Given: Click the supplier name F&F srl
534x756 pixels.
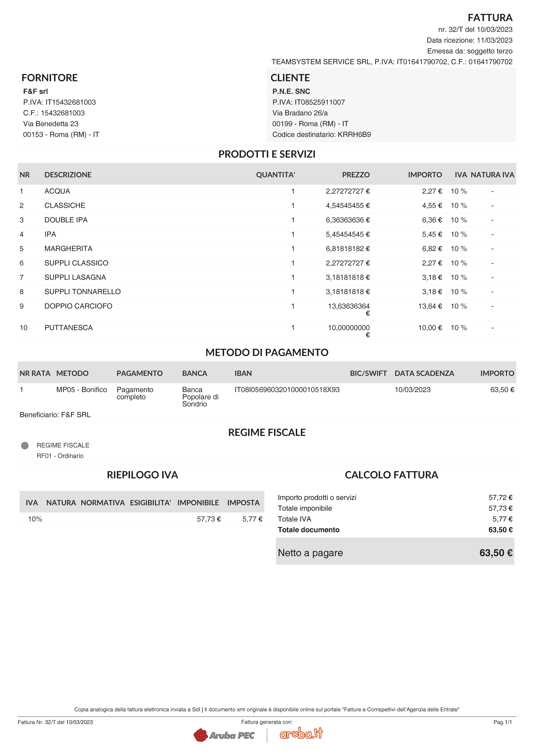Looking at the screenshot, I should coord(36,91).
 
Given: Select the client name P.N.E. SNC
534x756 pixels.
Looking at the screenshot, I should coord(291,91).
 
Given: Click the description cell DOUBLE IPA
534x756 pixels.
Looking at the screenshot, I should coord(66,220).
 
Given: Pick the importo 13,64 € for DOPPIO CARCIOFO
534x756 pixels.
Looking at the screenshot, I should coord(430,306).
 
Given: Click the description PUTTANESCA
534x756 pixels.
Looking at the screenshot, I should coord(68,328).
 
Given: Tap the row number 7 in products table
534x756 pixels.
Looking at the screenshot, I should coord(22,277).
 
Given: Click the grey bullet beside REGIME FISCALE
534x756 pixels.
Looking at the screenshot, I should coord(25,445).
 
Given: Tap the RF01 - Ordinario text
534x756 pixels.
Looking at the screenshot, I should coord(60,456).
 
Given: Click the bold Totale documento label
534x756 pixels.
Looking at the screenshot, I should coord(308,530).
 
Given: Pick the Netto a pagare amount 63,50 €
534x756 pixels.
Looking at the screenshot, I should coord(496,553).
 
